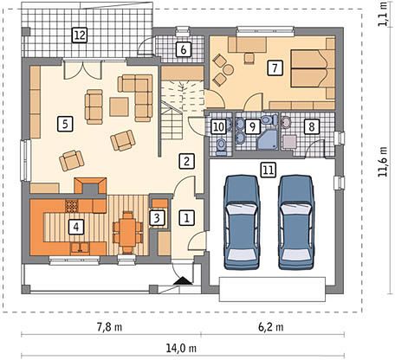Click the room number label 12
click(x=80, y=35)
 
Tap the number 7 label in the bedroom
click(x=275, y=68)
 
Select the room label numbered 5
click(x=65, y=124)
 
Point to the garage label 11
click(x=269, y=170)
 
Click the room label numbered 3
click(x=157, y=218)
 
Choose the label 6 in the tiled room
click(x=184, y=49)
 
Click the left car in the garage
click(x=242, y=222)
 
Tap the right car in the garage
click(x=296, y=222)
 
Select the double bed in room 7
click(x=310, y=68)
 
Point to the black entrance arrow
click(x=183, y=280)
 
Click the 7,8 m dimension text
click(x=109, y=327)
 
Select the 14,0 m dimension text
click(x=181, y=348)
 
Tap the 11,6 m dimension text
click(x=383, y=162)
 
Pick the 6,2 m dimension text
click(x=270, y=327)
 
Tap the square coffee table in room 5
click(x=119, y=106)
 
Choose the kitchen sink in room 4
click(x=80, y=247)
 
